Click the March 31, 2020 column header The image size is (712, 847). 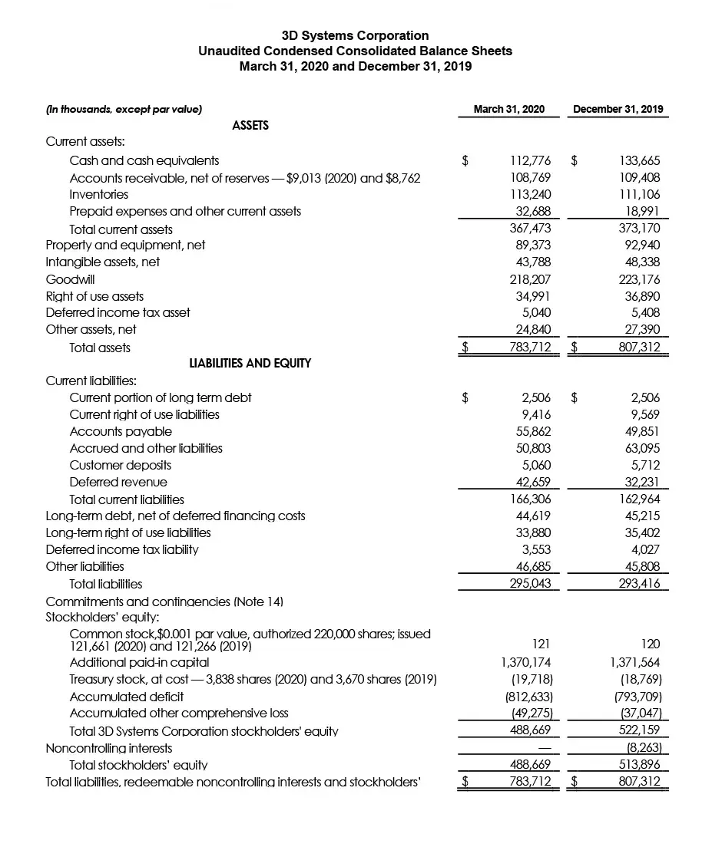click(509, 109)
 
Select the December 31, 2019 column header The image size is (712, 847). click(618, 109)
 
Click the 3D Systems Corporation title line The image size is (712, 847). click(355, 35)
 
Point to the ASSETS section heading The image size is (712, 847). click(250, 125)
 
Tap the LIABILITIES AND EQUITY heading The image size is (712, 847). click(250, 363)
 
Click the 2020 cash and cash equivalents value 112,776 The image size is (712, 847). click(531, 160)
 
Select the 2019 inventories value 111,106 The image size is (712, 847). click(640, 194)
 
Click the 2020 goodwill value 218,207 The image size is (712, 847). click(531, 279)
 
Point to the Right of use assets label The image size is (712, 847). click(94, 296)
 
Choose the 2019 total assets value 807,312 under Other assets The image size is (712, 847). click(640, 348)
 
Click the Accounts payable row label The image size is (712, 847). click(121, 431)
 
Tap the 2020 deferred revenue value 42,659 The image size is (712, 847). click(532, 482)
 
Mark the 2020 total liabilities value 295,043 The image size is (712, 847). click(531, 584)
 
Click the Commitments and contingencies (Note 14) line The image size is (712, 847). click(164, 601)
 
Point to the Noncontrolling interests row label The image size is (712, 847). click(109, 748)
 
